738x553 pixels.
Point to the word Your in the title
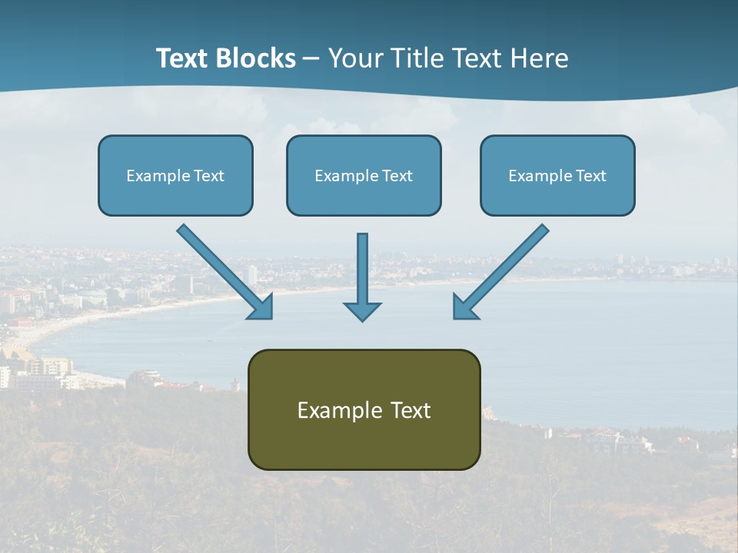(x=357, y=58)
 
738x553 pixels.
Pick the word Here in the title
(x=540, y=58)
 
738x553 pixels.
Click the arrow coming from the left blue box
(x=223, y=270)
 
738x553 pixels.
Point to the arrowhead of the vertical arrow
(x=362, y=311)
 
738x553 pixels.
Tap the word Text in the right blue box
(x=591, y=176)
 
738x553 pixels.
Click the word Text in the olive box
(x=411, y=411)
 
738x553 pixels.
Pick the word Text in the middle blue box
(x=397, y=176)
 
